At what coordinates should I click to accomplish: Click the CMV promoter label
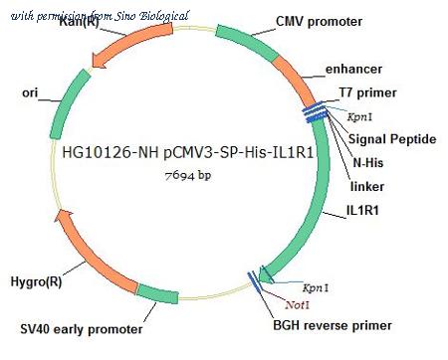pyautogui.click(x=319, y=22)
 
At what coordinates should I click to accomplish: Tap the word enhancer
pyautogui.click(x=353, y=69)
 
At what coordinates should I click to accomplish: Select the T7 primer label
pyautogui.click(x=367, y=92)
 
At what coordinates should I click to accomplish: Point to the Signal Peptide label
pyautogui.click(x=392, y=139)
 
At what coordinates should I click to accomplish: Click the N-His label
pyautogui.click(x=367, y=162)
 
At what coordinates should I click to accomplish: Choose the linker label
pyautogui.click(x=367, y=186)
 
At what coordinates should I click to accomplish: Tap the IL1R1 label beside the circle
pyautogui.click(x=362, y=210)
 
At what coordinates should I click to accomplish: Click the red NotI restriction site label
pyautogui.click(x=297, y=304)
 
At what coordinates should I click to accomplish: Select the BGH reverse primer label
pyautogui.click(x=333, y=325)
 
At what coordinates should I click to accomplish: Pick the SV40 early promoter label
pyautogui.click(x=82, y=329)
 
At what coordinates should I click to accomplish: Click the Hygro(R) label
pyautogui.click(x=36, y=281)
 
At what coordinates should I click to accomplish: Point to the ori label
pyautogui.click(x=30, y=92)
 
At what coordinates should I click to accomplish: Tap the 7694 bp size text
pyautogui.click(x=188, y=175)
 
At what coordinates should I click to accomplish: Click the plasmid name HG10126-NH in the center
pyautogui.click(x=112, y=153)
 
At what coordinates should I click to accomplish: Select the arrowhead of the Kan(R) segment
pyautogui.click(x=99, y=61)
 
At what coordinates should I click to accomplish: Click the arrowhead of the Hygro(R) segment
pyautogui.click(x=64, y=217)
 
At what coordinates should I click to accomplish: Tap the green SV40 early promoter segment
pyautogui.click(x=158, y=293)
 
